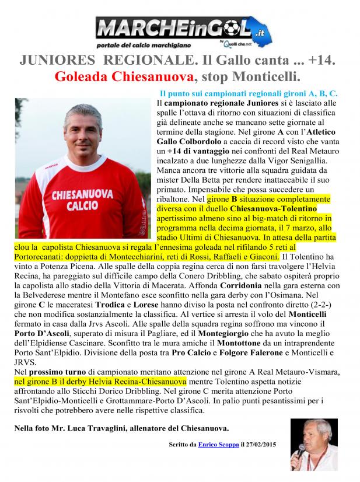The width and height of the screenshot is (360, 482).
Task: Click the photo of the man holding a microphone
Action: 313,444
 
